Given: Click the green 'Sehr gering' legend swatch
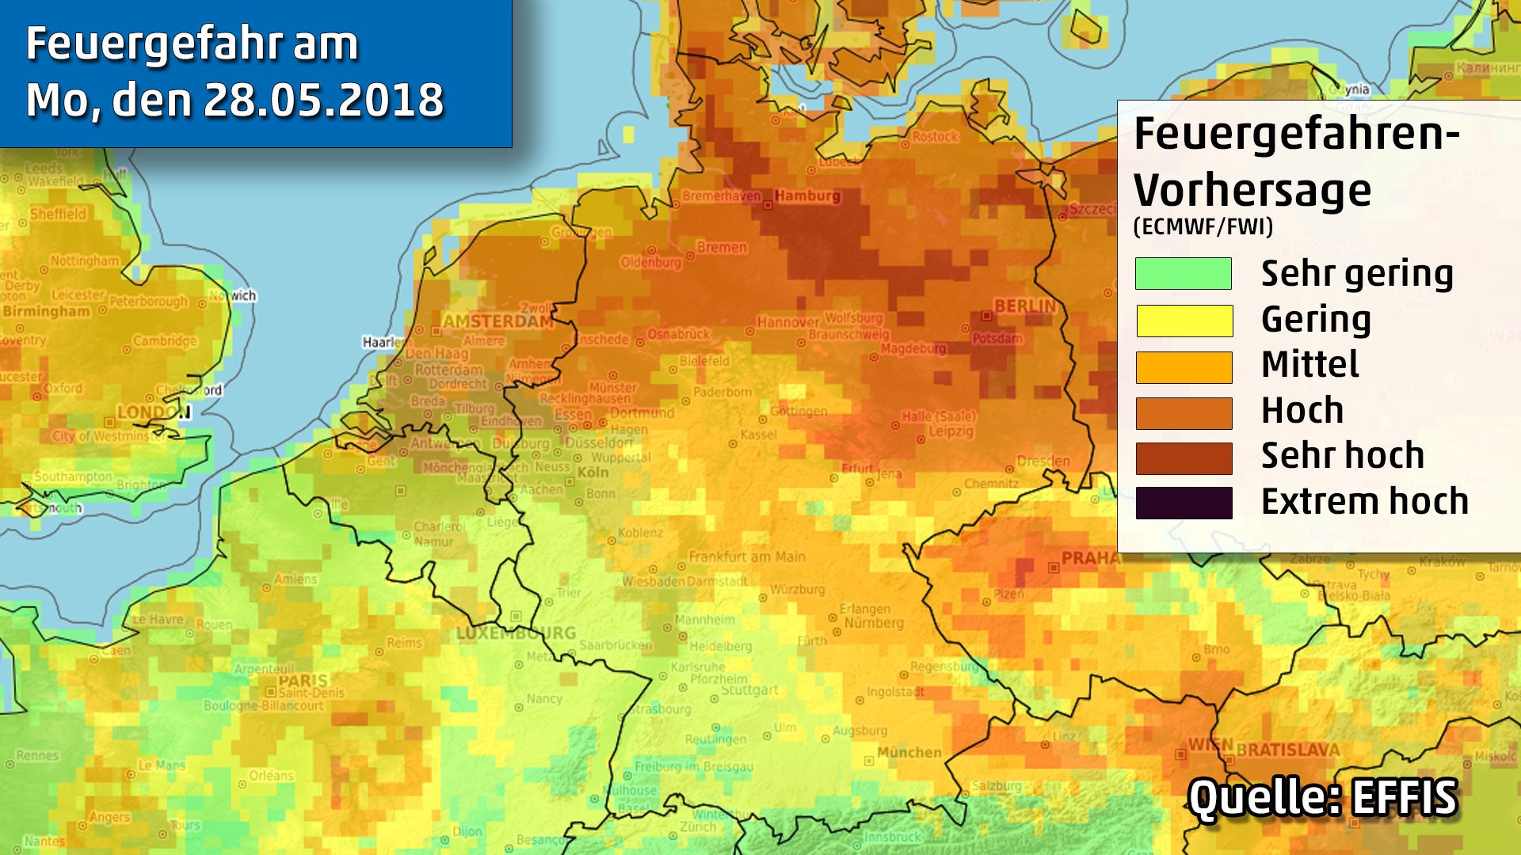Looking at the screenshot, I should (x=1183, y=273).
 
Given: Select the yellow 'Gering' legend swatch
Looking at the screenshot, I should (x=1184, y=321).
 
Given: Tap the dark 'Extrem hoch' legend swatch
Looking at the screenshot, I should (x=1184, y=503).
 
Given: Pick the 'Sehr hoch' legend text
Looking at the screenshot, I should (x=1342, y=456).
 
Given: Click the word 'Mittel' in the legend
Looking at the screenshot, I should (x=1309, y=365).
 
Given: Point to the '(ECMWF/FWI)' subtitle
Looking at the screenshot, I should (x=1203, y=227).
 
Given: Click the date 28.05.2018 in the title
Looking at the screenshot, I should (x=323, y=101).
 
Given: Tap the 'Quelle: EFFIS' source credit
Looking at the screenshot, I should (x=1322, y=797).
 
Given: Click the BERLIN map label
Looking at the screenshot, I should (x=1024, y=306).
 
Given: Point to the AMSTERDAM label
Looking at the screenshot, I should (x=497, y=321).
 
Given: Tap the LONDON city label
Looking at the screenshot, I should (x=154, y=412).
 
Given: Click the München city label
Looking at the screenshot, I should (x=909, y=752).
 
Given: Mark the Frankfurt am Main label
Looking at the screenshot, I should (x=746, y=557).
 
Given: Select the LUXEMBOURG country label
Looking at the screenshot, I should (x=516, y=633).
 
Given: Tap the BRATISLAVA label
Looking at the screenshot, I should (x=1287, y=749).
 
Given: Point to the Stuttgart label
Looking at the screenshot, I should (x=749, y=690).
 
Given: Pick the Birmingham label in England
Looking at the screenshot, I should (x=46, y=311).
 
